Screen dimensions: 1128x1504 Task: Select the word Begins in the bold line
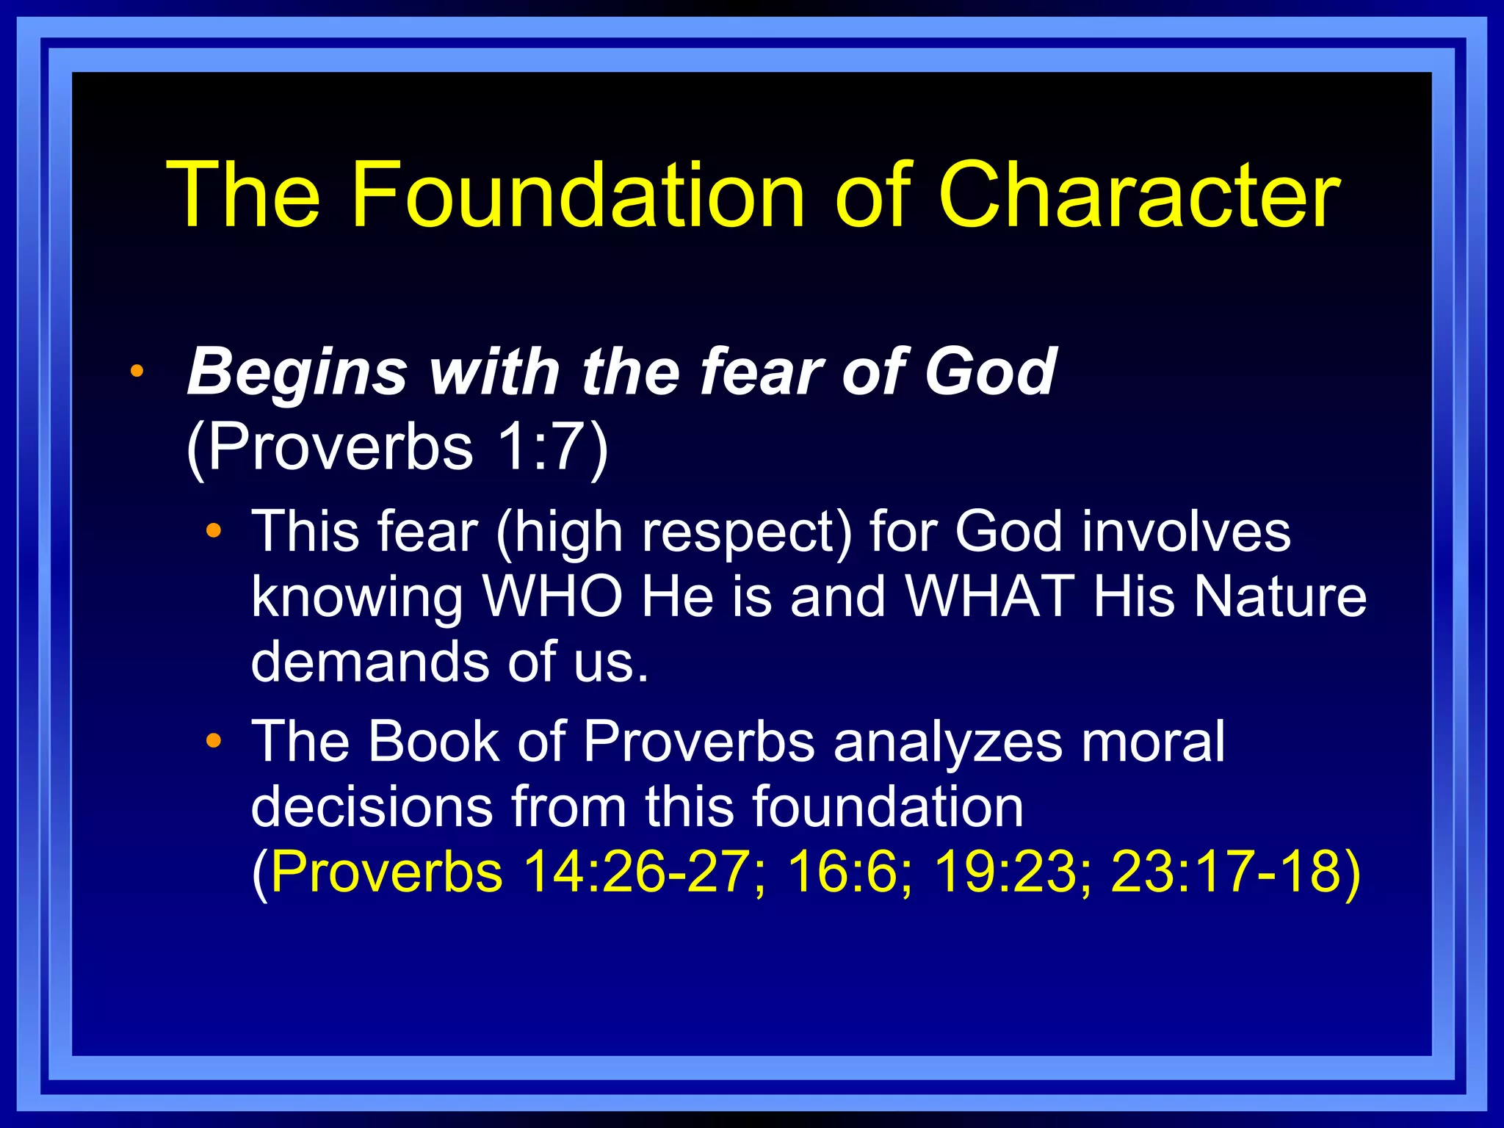point(297,372)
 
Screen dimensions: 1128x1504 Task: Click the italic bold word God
point(989,372)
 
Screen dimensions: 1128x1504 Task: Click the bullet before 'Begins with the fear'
point(137,372)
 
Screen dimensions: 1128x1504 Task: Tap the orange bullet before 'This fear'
point(214,531)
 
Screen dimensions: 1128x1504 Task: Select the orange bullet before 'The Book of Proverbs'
point(214,741)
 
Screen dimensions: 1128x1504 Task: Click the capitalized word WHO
point(552,596)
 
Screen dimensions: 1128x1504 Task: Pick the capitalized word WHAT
point(991,596)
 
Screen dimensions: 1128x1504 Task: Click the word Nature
point(1279,596)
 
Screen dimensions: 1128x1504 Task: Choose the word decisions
point(372,806)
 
